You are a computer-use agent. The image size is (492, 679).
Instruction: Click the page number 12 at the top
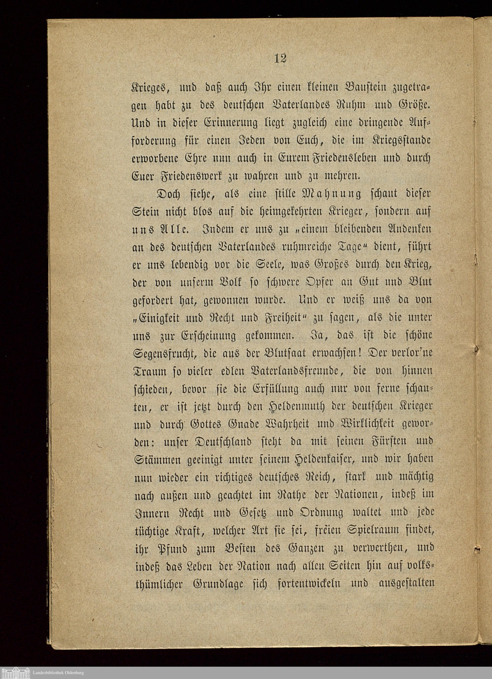pyautogui.click(x=280, y=58)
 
